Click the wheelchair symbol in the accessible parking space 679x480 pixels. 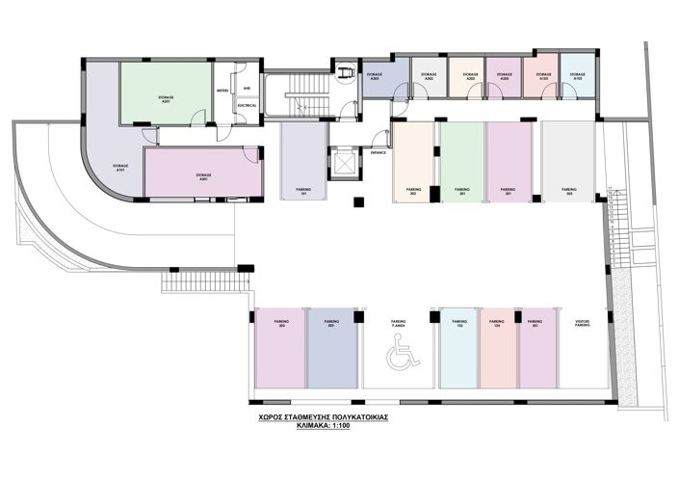(x=398, y=358)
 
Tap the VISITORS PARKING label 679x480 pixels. (x=582, y=324)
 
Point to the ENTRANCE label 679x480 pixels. (x=378, y=151)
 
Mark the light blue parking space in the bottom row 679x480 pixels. (x=459, y=348)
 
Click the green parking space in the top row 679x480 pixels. (x=461, y=161)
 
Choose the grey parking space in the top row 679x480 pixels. (x=568, y=161)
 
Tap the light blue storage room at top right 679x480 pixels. (x=577, y=77)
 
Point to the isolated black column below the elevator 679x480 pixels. (x=358, y=202)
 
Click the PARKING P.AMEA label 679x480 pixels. (x=398, y=324)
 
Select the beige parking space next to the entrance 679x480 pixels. (x=412, y=161)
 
